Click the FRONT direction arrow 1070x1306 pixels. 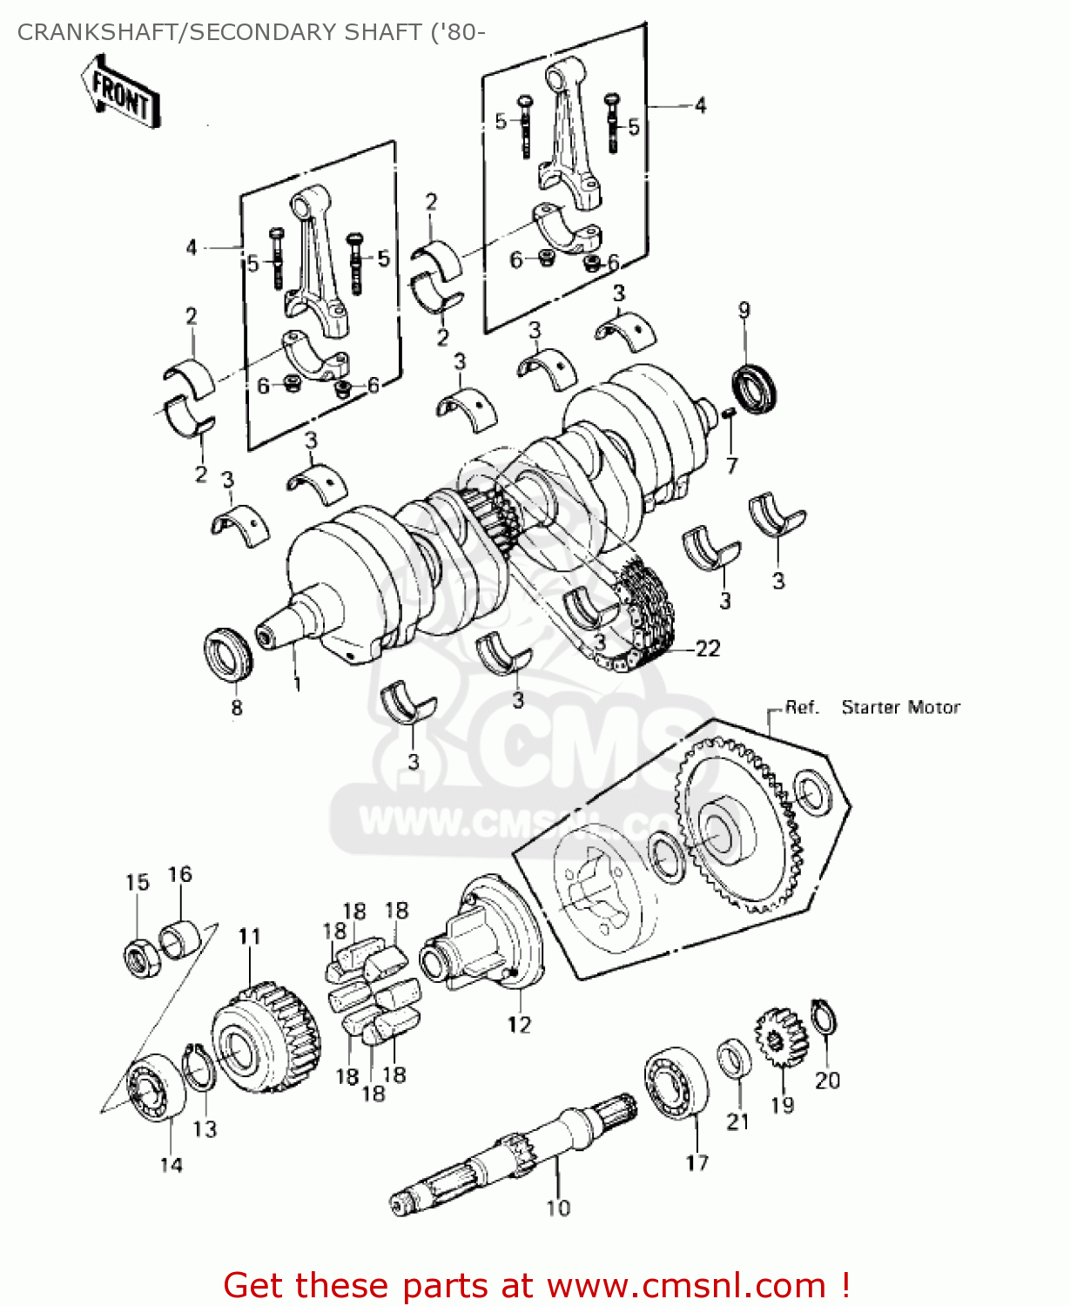pyautogui.click(x=120, y=92)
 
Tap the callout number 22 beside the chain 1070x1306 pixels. pyautogui.click(x=707, y=649)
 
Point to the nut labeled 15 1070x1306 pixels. pyautogui.click(x=139, y=958)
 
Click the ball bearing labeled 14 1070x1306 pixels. pyautogui.click(x=157, y=1086)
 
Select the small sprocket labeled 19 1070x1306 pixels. pyautogui.click(x=780, y=1039)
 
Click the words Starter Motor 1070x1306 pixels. pyautogui.click(x=900, y=707)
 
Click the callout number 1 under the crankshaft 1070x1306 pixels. pyautogui.click(x=297, y=684)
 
